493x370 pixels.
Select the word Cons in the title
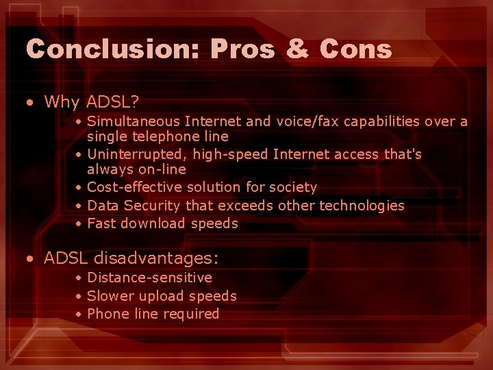[356, 49]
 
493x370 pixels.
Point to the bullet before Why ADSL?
[29, 103]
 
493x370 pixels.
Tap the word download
[153, 223]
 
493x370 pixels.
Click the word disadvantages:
[155, 258]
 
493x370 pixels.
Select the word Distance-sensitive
[149, 277]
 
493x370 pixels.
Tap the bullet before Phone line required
[79, 314]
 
